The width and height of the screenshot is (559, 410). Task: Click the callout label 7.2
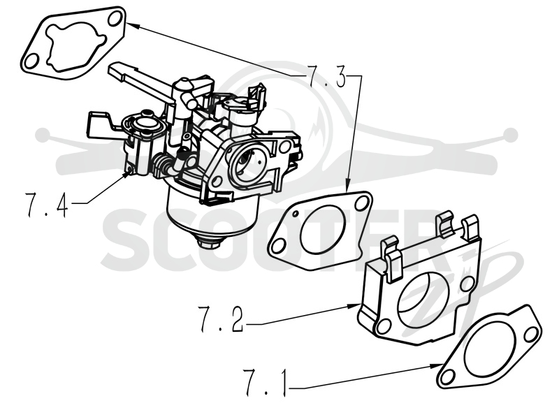(x=221, y=319)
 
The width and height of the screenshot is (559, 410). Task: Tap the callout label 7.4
(x=47, y=205)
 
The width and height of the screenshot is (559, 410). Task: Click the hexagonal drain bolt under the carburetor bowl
(x=209, y=243)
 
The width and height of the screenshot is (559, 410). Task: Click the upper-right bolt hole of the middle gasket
(x=362, y=203)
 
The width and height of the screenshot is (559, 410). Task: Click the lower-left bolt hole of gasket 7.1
(x=447, y=376)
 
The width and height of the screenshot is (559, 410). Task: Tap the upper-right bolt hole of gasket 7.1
(x=531, y=334)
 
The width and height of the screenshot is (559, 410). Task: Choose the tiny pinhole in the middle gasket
(x=296, y=214)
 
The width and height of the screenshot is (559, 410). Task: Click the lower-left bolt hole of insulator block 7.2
(x=384, y=326)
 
